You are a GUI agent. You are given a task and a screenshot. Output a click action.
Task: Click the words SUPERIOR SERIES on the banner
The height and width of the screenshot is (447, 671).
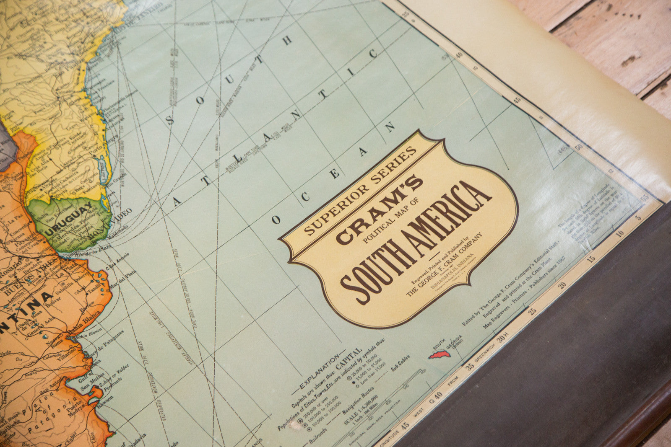[360, 190]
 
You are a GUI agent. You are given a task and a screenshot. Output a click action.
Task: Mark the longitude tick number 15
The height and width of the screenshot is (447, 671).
[591, 259]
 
